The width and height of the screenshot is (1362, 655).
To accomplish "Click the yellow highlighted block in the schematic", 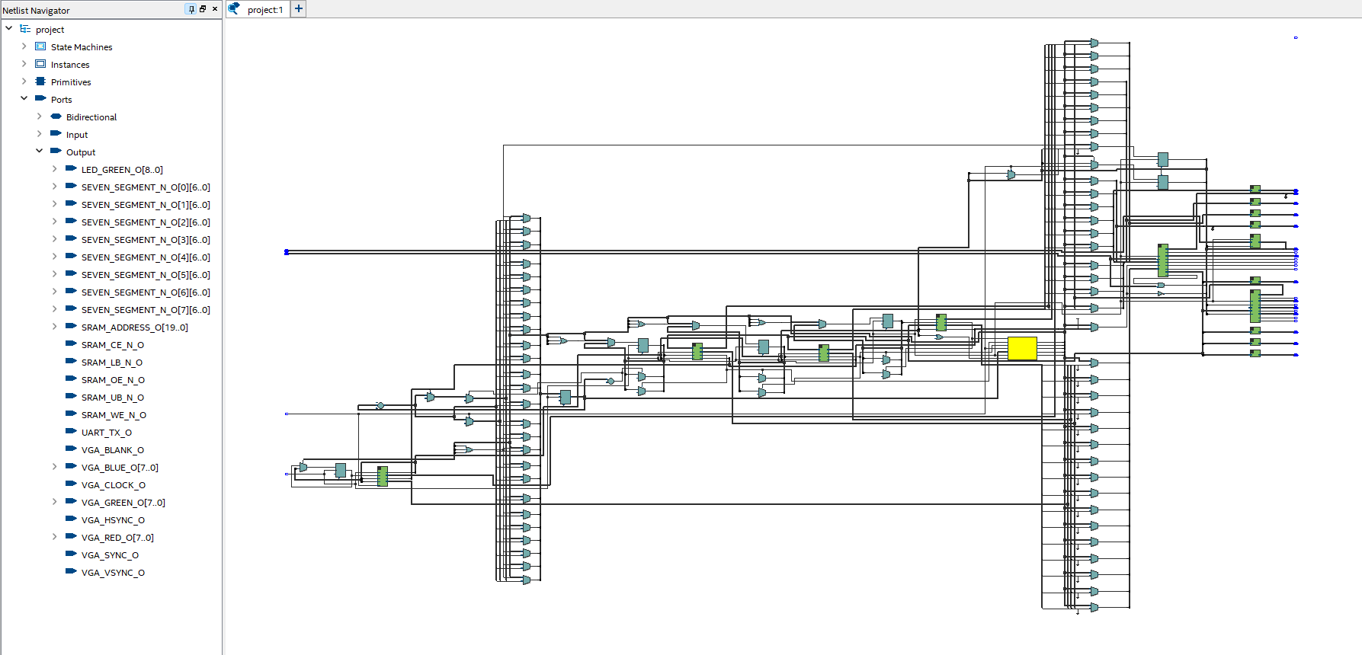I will click(1021, 348).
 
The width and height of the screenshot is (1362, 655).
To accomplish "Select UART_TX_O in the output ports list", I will click(106, 433).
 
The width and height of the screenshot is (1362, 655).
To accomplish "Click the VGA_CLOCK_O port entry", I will click(113, 485).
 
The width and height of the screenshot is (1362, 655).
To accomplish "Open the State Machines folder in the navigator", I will click(81, 47).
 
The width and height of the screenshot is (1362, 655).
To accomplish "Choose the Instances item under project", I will click(69, 65).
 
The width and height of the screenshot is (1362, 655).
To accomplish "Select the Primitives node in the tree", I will click(70, 82).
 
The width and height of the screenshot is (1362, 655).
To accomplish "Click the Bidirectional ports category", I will click(91, 117).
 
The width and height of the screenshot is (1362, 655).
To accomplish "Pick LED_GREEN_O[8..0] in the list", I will click(121, 170).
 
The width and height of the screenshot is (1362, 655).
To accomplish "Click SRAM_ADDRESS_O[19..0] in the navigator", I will click(134, 327).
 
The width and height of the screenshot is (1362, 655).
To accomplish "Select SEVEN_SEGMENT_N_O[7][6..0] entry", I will click(145, 310).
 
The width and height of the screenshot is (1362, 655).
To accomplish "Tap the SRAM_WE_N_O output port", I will click(114, 415).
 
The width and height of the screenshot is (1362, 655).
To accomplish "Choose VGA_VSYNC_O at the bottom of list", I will click(113, 573).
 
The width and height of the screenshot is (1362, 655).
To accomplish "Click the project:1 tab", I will click(264, 10).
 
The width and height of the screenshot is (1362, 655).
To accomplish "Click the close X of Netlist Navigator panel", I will click(215, 9).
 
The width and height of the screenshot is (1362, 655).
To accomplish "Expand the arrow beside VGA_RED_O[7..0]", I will click(54, 537).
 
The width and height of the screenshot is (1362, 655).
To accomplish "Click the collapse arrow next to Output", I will click(39, 152).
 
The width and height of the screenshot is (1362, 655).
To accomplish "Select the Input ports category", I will click(76, 135).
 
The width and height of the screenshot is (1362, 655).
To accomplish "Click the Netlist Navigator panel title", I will click(36, 11).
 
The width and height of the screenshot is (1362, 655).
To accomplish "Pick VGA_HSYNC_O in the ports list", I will click(113, 520).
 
